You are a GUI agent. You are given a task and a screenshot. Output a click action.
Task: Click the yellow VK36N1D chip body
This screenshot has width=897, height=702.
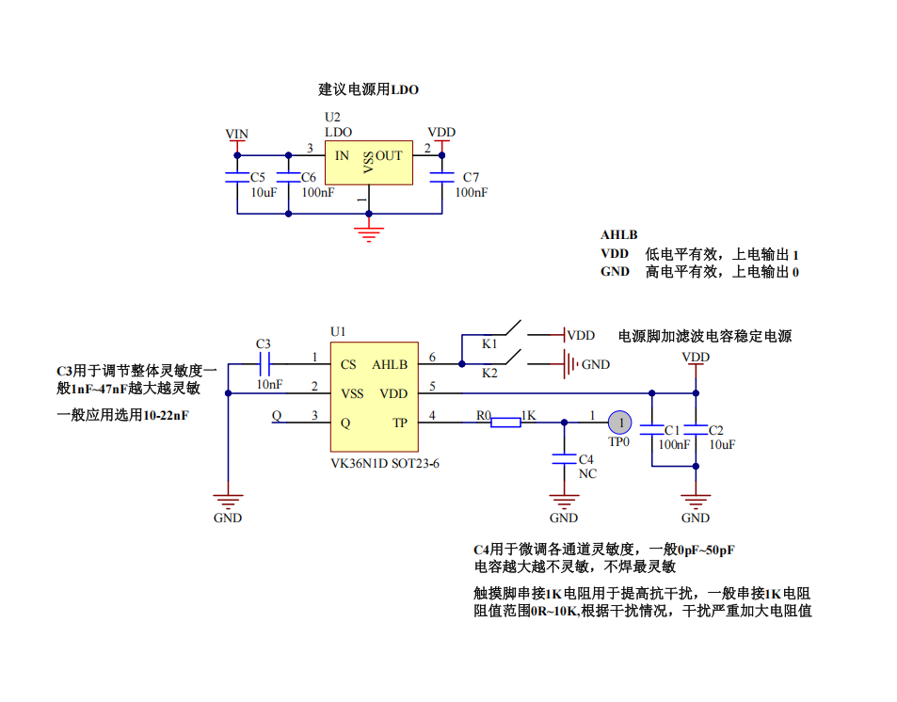(x=374, y=395)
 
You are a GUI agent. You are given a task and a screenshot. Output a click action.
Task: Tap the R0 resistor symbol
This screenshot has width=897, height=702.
(x=505, y=422)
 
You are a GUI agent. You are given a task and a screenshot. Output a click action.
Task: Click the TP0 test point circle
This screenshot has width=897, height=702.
(x=620, y=423)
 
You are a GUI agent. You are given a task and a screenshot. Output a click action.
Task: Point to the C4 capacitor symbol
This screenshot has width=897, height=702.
(x=564, y=459)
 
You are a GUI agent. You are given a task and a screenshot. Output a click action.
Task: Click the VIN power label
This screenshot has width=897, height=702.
(x=237, y=134)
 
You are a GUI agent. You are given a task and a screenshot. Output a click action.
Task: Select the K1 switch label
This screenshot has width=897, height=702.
(x=489, y=344)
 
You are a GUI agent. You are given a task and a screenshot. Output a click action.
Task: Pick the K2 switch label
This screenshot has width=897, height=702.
(x=489, y=374)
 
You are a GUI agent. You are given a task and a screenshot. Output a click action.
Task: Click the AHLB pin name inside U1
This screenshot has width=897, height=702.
(x=390, y=364)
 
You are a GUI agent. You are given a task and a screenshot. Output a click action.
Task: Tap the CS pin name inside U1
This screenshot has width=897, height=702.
(x=348, y=364)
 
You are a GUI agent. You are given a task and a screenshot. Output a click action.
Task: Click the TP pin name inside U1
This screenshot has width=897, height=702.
(x=400, y=423)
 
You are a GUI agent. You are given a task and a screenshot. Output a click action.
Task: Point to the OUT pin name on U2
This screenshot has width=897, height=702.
(x=389, y=155)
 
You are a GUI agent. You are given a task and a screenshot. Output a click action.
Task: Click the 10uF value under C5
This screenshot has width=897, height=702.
(x=264, y=192)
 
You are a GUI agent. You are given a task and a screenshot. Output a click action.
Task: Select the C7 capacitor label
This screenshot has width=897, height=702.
(x=472, y=177)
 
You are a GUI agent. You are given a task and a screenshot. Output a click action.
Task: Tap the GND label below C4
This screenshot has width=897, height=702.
(x=564, y=518)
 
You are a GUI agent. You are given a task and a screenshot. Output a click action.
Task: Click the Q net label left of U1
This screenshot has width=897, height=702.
(x=276, y=415)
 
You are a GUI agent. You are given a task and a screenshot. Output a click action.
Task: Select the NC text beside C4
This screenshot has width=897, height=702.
(x=587, y=473)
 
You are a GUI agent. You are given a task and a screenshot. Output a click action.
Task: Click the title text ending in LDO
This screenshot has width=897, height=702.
(x=368, y=90)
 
